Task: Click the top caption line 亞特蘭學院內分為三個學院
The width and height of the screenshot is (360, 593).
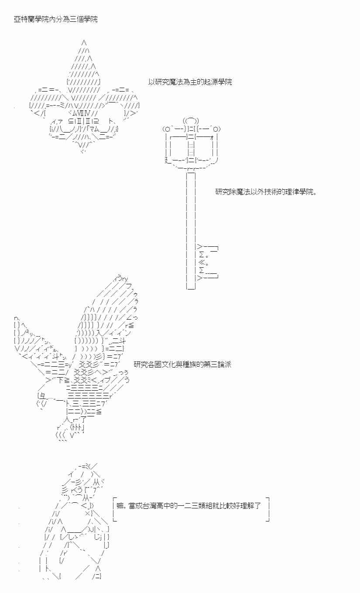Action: click(x=56, y=20)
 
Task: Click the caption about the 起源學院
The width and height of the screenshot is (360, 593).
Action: click(x=190, y=82)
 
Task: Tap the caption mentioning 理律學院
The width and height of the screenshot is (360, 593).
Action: click(x=266, y=192)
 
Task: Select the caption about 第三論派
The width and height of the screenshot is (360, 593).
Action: click(x=182, y=365)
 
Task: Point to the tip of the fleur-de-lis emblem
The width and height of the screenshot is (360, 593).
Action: click(x=84, y=43)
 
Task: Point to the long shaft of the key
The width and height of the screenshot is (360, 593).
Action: click(x=191, y=209)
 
